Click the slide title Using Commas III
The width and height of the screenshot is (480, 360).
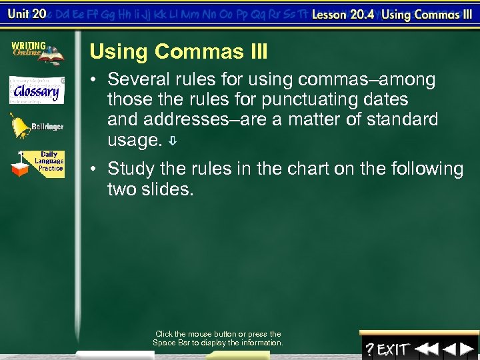[179, 51]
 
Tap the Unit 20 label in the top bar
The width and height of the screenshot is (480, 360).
[26, 14]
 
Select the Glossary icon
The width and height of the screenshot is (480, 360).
[36, 90]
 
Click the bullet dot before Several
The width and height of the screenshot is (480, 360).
[95, 81]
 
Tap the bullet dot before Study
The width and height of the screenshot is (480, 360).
[95, 170]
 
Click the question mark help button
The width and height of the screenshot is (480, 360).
[369, 349]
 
